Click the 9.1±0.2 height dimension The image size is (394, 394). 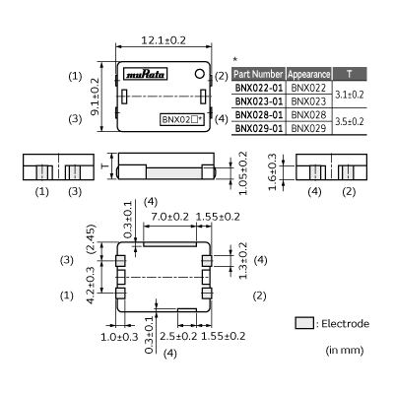(x=94, y=96)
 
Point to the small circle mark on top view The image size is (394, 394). (x=200, y=74)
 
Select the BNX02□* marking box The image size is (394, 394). (x=182, y=119)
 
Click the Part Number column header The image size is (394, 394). (x=260, y=74)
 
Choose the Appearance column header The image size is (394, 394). (x=309, y=74)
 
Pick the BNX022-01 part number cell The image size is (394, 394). (x=260, y=88)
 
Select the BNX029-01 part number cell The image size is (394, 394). (x=260, y=128)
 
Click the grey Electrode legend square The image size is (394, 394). (x=301, y=323)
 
